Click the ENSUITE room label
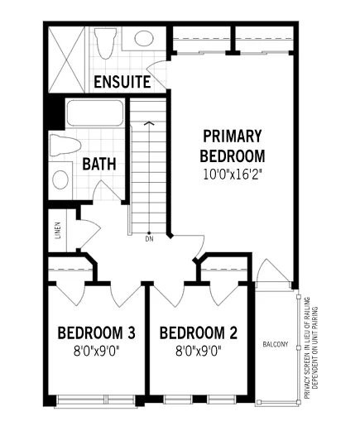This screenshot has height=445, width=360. click(x=122, y=82)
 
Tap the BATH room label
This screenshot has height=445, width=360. click(x=99, y=164)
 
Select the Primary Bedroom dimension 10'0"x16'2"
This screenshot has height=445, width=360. click(x=232, y=175)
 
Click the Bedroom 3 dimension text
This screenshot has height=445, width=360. click(x=96, y=352)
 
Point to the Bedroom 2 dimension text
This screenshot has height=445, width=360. click(x=198, y=352)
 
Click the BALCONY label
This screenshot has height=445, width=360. click(x=276, y=344)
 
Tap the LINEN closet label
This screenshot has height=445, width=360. click(x=58, y=230)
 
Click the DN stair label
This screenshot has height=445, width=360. click(x=149, y=239)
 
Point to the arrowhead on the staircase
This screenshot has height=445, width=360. click(x=149, y=123)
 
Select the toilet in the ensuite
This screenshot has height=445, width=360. click(x=105, y=42)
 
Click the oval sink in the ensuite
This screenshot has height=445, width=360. click(x=144, y=38)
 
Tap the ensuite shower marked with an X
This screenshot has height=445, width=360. click(x=67, y=60)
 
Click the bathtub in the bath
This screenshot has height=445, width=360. click(x=95, y=113)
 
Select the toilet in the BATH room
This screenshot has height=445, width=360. click(x=65, y=145)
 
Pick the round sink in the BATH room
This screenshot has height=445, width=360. click(x=60, y=180)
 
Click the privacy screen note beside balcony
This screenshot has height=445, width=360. click(x=311, y=348)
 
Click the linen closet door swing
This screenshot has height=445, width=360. click(x=89, y=232)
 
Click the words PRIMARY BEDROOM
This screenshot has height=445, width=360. click(x=233, y=146)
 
